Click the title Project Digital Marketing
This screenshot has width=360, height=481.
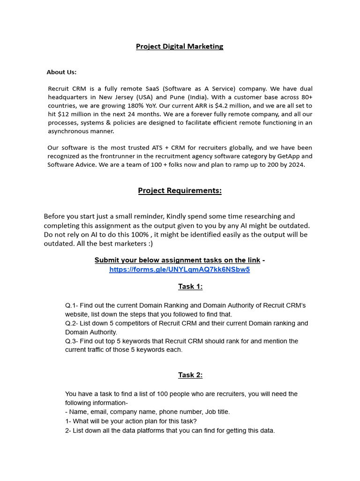[180, 47]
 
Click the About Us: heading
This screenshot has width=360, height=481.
[61, 72]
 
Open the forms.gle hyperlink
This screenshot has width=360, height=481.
[180, 270]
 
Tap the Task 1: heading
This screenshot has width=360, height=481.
[190, 287]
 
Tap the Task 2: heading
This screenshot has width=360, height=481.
[190, 375]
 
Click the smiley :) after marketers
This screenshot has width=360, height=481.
[150, 243]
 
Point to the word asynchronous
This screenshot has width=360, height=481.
[70, 131]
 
